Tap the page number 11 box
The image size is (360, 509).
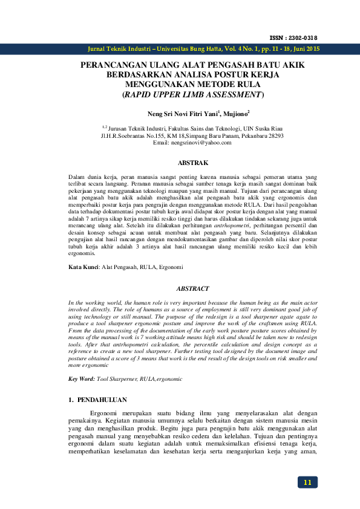click(x=307, y=482)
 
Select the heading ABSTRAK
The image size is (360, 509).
click(x=192, y=163)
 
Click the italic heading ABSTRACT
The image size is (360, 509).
click(x=192, y=289)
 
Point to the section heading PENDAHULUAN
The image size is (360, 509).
click(x=101, y=400)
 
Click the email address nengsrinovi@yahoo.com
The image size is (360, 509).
click(x=192, y=142)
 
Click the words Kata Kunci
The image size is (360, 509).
click(x=82, y=267)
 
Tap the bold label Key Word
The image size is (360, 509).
click(x=81, y=378)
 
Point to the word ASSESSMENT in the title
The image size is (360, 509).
click(x=231, y=95)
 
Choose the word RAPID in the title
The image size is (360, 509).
click(x=139, y=95)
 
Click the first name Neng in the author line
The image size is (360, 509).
click(x=155, y=113)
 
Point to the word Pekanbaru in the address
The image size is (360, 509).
click(x=246, y=135)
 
